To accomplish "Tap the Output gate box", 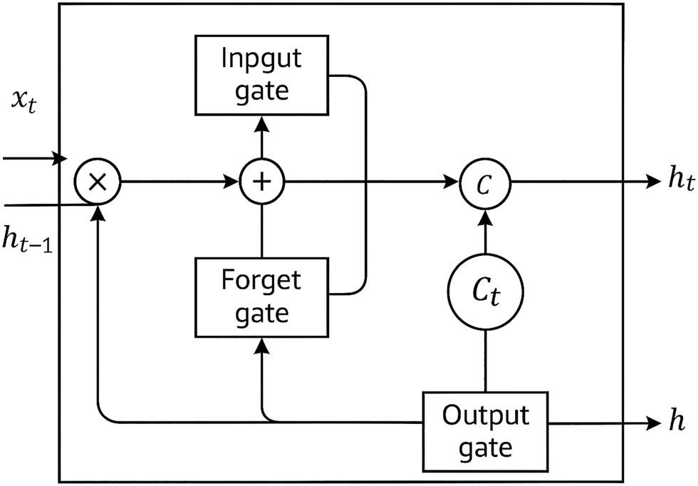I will click(486, 430).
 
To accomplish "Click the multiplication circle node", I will click(98, 182).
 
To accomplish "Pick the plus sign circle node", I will click(262, 182).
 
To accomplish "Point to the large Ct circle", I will click(486, 293).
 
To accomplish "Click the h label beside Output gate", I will click(677, 422).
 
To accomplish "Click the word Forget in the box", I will click(261, 280).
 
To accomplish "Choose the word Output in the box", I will click(486, 415).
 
